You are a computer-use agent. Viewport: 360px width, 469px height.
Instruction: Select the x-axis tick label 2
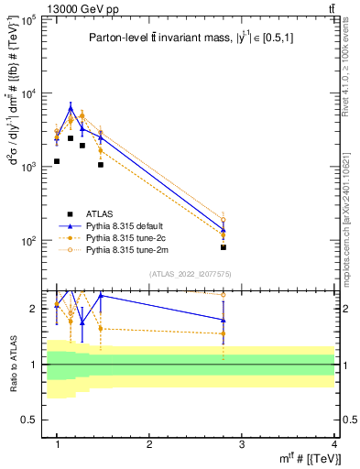click(x=149, y=443)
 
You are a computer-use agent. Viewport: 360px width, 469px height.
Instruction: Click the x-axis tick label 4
click(x=334, y=443)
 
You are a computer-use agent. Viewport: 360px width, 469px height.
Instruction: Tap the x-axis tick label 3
click(x=242, y=443)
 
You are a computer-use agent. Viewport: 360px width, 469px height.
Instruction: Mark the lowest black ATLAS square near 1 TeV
click(x=57, y=161)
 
